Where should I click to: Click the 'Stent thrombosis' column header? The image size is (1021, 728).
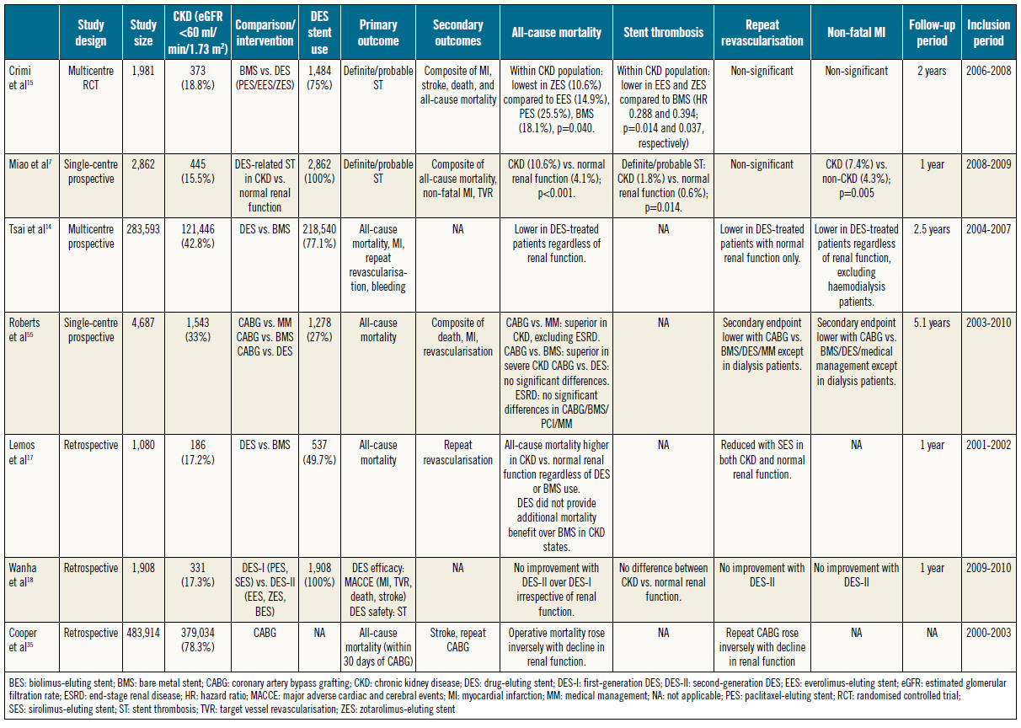663,32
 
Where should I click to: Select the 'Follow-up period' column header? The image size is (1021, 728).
932,32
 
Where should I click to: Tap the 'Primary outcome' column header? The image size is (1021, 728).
378,32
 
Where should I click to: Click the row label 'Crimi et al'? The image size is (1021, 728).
20,78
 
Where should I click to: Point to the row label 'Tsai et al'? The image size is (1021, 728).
29,229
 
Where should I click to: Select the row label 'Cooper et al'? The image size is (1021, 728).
23,640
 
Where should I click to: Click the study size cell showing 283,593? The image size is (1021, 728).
143,229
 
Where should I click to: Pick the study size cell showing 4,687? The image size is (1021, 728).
143,323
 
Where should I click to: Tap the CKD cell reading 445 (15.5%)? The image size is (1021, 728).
198,171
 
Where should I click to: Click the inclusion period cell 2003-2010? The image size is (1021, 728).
988,323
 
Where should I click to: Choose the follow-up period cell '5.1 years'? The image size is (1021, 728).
932,323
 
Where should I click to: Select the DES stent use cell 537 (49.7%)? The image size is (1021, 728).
319,452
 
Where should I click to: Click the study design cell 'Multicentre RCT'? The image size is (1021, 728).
91,78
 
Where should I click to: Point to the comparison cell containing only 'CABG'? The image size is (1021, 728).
265,633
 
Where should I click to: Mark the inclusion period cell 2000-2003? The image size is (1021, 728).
988,633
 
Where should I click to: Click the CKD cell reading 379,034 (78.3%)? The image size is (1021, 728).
198,640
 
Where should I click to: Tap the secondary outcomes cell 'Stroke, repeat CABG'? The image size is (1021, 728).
457,640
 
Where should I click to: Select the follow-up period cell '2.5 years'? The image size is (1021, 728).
932,229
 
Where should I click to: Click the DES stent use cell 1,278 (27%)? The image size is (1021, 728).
319,329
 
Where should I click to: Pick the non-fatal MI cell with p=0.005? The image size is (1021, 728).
856,179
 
